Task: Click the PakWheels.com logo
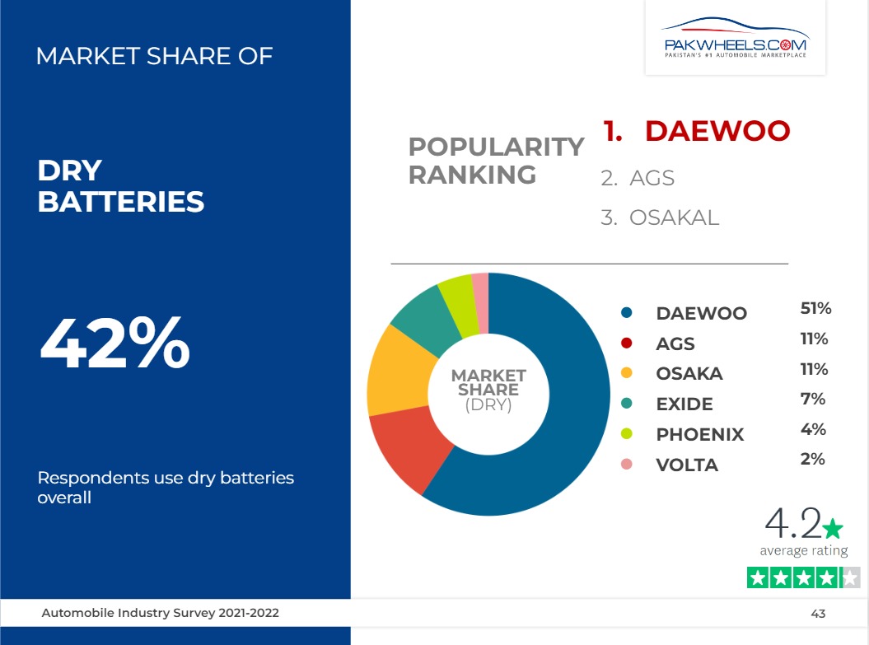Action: tap(736, 38)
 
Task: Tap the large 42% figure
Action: tap(115, 343)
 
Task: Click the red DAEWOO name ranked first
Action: tap(717, 131)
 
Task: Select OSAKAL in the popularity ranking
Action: tap(674, 217)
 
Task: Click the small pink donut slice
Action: tap(481, 302)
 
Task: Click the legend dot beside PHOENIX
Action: tap(627, 434)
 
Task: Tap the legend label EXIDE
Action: tap(684, 404)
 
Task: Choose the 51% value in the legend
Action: tap(815, 308)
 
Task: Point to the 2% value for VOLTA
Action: tap(812, 459)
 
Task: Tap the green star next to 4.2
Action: tap(833, 528)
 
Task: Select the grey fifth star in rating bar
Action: tap(850, 578)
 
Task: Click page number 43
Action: tap(818, 614)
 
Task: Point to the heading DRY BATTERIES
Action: tap(121, 185)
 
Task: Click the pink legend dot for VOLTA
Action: tap(627, 465)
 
